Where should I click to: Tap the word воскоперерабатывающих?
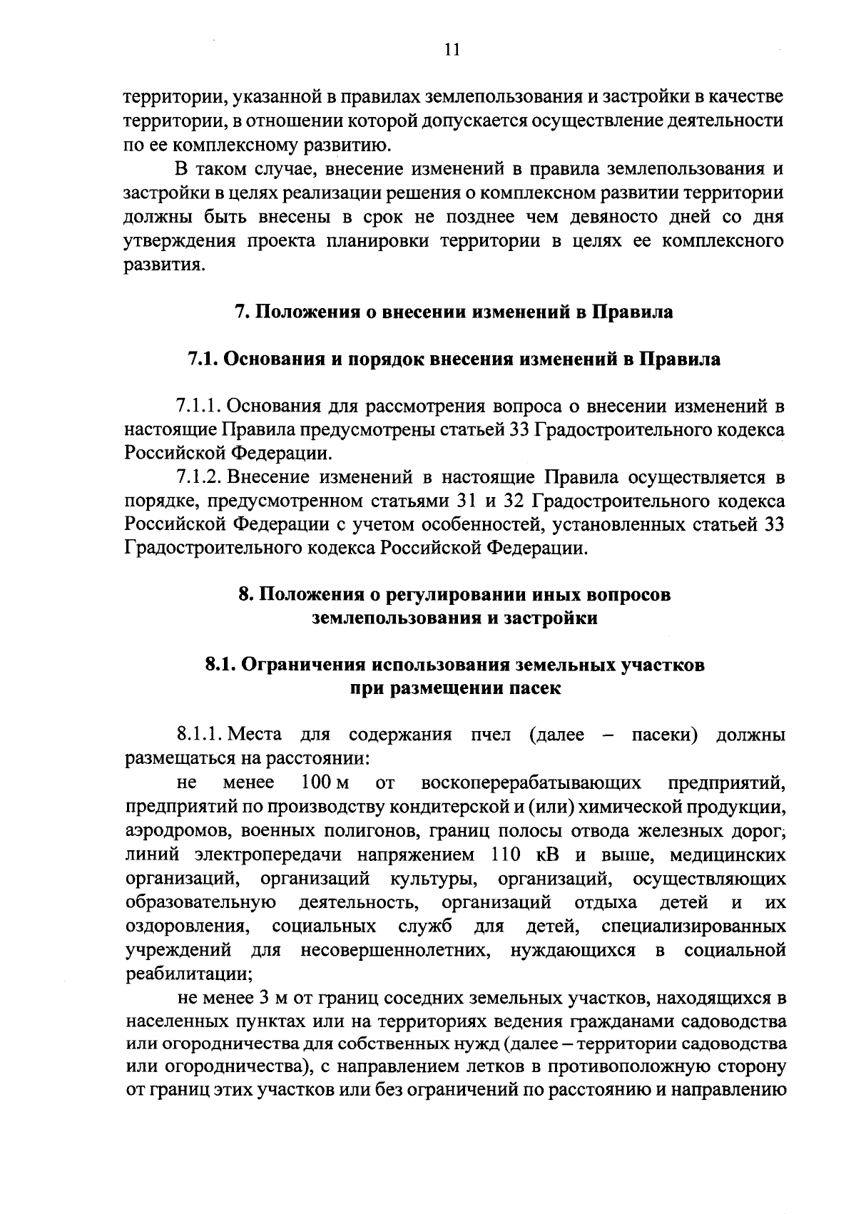531,783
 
